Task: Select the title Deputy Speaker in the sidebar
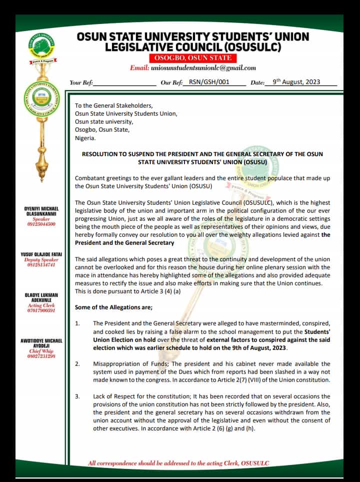[41, 260]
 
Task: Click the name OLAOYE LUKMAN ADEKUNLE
[41, 298]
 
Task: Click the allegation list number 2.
[77, 364]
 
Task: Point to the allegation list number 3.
[77, 396]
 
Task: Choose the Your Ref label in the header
[81, 83]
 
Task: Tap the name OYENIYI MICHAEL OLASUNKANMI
[41, 211]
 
